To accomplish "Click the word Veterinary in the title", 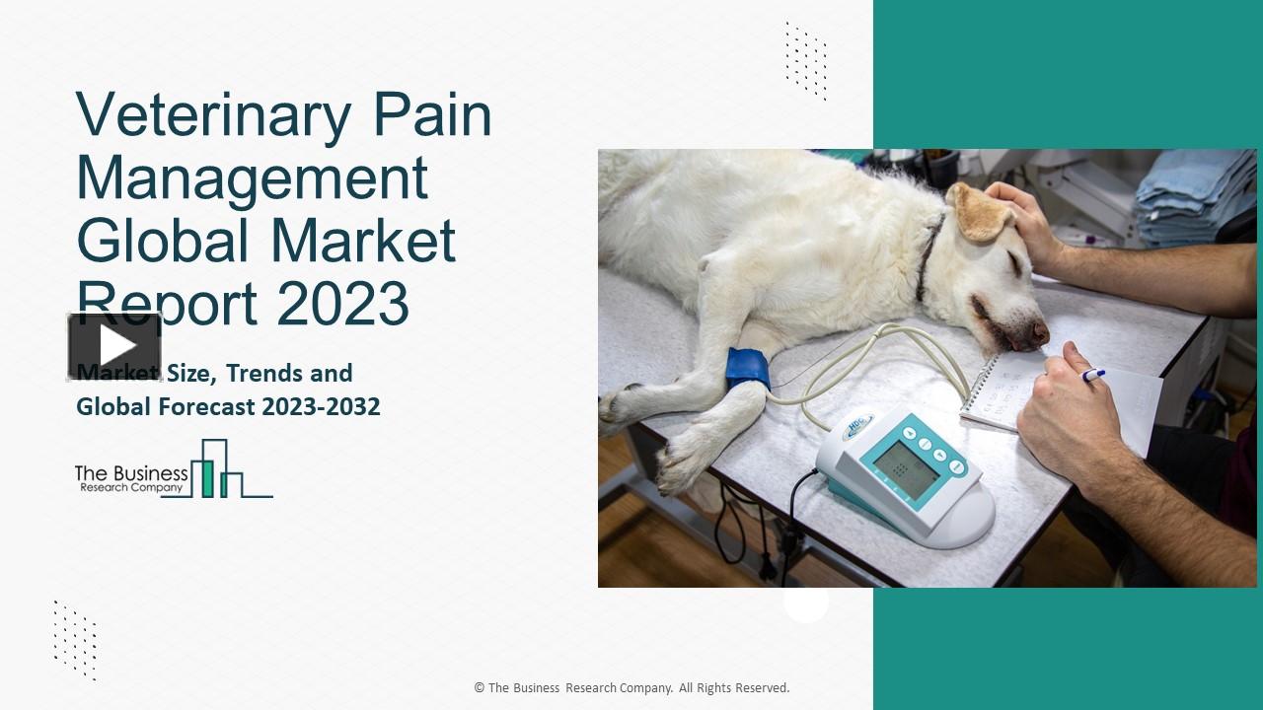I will point(213,116).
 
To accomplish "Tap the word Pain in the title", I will point(433,116).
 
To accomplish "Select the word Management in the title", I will point(252,178).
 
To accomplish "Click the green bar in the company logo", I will point(207,477).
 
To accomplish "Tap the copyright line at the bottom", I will point(631,688).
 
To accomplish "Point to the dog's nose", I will point(1038,334).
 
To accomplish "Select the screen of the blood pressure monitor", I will point(905,468).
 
